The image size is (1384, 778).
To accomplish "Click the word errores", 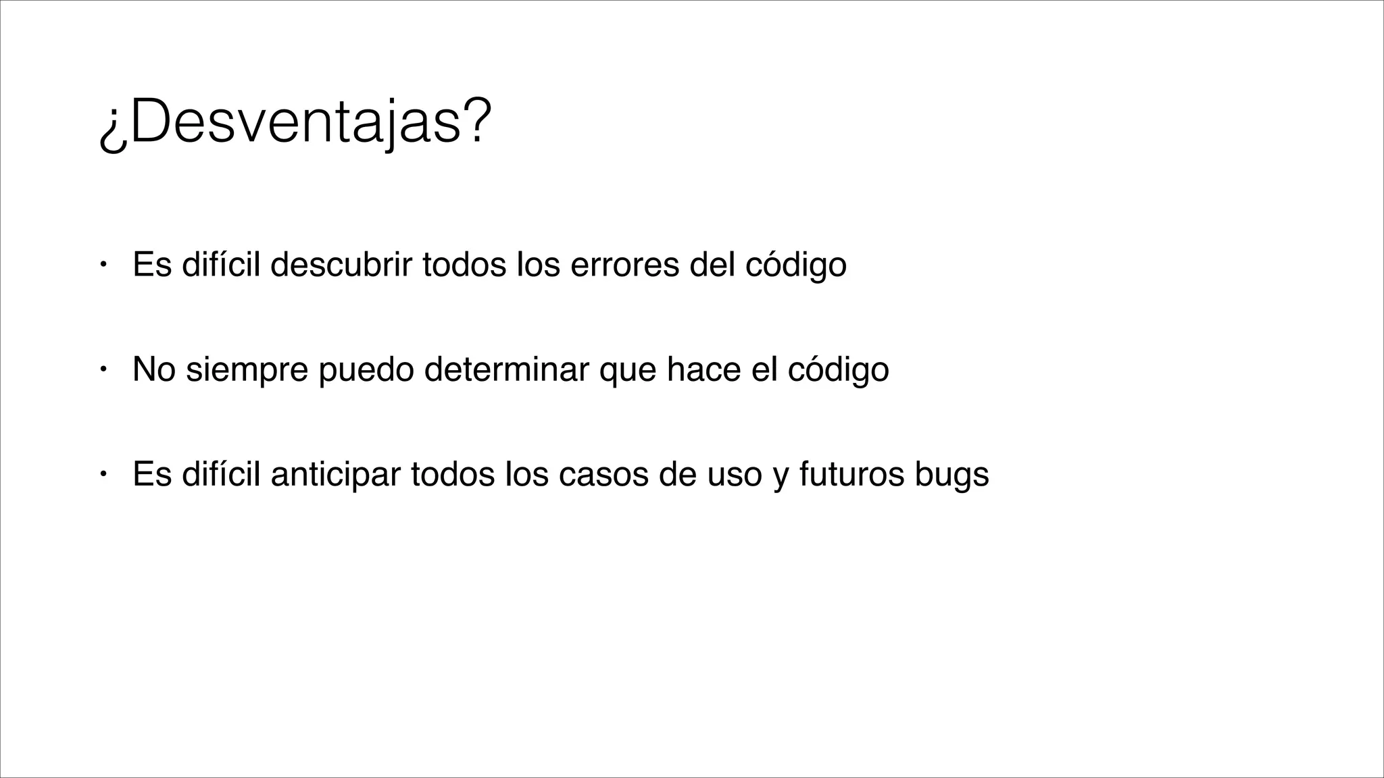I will (624, 264).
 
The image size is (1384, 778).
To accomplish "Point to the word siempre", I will (246, 369).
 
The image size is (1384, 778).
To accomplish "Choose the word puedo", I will (366, 369).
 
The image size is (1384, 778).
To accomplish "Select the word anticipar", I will (335, 474).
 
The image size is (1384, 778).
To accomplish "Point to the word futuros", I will (851, 474).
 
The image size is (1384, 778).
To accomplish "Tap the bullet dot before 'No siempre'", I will (102, 369).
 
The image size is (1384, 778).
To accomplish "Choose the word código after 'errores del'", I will (795, 264).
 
